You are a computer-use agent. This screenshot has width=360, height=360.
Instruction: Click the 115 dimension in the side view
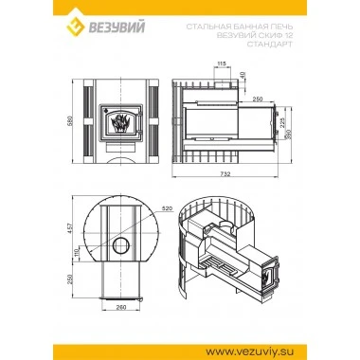tap(221, 63)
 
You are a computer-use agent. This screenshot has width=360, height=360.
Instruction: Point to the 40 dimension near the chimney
tap(243, 76)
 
